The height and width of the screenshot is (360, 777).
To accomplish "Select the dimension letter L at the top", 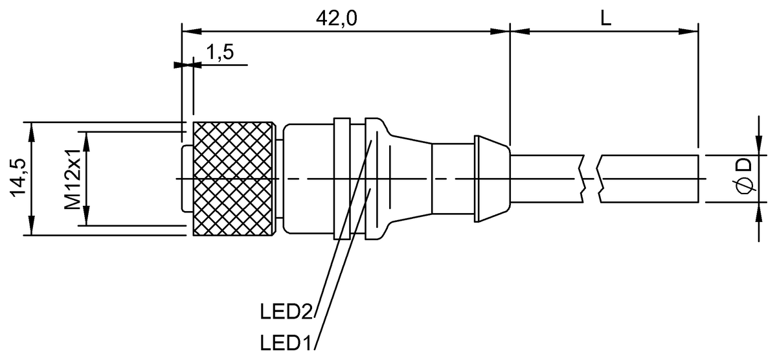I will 605,17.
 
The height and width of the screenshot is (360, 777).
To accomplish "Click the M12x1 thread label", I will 73,179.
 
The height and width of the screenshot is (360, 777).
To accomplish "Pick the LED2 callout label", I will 286,312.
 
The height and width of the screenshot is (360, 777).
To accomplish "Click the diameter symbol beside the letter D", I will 745,186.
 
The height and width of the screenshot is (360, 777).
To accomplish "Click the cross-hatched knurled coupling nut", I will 233,178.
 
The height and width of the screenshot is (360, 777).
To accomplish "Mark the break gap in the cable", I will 591,178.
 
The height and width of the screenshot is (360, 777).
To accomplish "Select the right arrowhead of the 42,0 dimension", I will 502,30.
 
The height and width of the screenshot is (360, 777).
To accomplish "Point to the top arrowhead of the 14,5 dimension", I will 31,128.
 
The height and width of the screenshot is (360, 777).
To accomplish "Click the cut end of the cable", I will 698,179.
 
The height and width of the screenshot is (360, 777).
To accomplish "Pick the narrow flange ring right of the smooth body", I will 342,178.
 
